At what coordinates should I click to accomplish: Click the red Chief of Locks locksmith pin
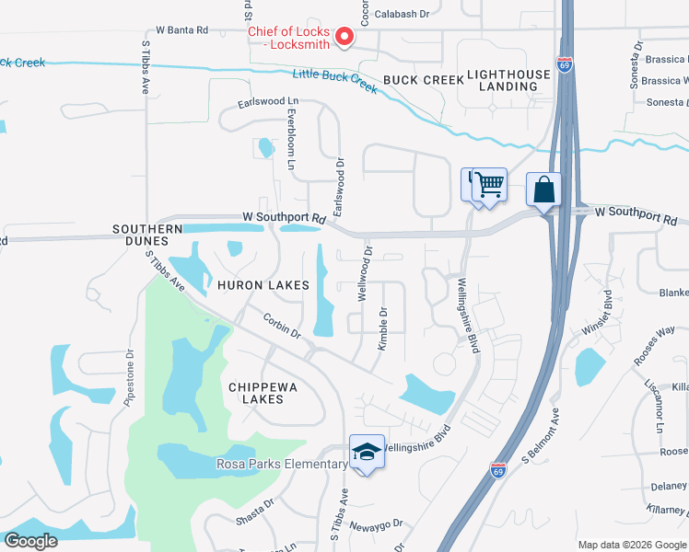click(345, 37)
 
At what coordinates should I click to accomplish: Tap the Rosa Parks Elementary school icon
click(367, 454)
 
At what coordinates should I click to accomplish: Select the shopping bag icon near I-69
click(543, 190)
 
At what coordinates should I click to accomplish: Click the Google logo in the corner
click(30, 540)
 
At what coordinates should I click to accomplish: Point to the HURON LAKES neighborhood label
click(263, 285)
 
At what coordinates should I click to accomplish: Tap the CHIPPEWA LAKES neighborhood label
click(263, 394)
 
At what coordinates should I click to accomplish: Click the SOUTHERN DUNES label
click(147, 235)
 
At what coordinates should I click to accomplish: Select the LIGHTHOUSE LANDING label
click(502, 80)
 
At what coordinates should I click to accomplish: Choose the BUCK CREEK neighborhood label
click(424, 80)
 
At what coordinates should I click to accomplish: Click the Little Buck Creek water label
click(335, 80)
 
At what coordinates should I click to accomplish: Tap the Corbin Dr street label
click(282, 327)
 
